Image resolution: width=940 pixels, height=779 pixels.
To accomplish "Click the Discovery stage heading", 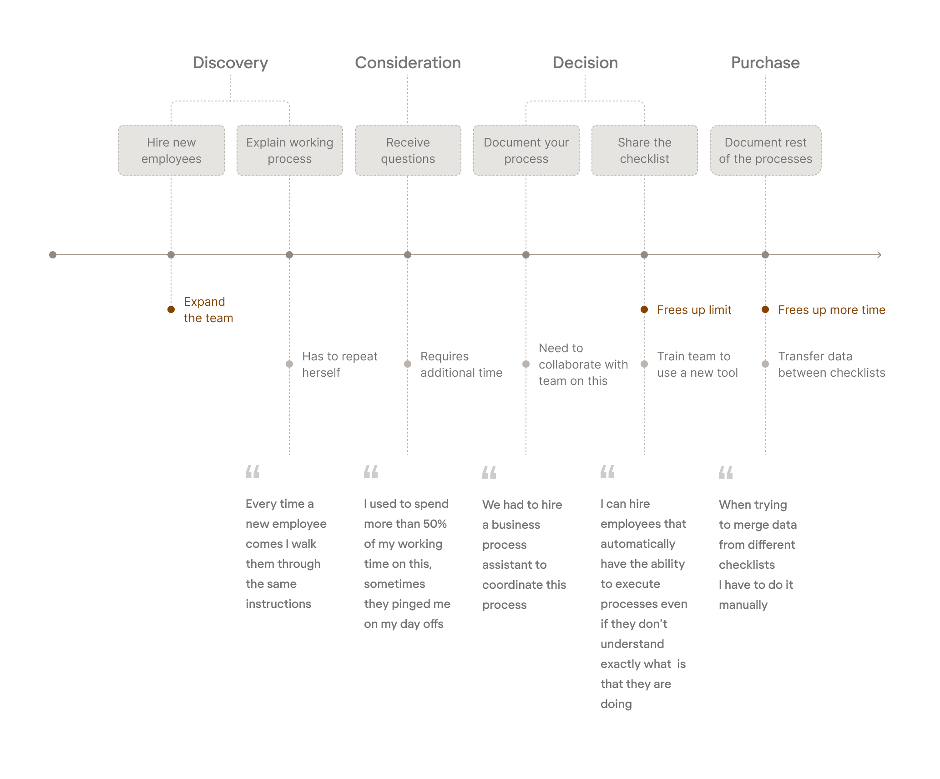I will (x=230, y=63).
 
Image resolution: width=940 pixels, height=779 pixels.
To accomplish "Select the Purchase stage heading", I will (x=765, y=63).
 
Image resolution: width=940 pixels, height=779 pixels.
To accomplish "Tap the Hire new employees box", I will (x=171, y=150).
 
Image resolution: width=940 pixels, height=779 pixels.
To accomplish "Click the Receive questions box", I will (x=408, y=150).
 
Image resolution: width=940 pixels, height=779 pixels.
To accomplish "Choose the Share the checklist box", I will (x=644, y=150).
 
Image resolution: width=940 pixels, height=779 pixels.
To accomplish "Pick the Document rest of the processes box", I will (x=765, y=150).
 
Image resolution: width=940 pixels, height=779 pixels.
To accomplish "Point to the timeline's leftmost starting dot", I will (x=53, y=255).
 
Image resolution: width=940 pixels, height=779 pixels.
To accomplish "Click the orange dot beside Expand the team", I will (x=171, y=309).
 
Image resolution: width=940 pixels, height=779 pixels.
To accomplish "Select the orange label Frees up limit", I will (x=694, y=310).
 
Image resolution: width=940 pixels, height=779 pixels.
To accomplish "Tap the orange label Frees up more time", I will (x=831, y=310).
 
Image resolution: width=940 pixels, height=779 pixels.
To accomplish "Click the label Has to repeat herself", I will (x=339, y=364).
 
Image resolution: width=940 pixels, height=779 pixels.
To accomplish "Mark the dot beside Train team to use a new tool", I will (x=644, y=364).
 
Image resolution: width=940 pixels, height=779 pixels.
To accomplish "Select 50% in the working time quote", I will (x=435, y=524).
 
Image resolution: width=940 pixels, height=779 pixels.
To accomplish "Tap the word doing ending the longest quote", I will (x=616, y=704).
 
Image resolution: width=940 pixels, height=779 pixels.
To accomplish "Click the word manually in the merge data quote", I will (x=743, y=605).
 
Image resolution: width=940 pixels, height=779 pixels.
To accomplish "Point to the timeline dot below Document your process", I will (x=526, y=255).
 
